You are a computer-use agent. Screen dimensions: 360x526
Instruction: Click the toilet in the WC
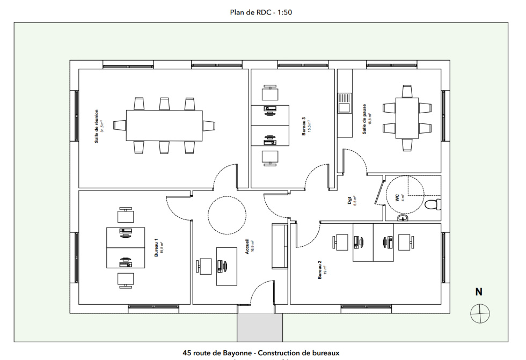pyautogui.click(x=433, y=204)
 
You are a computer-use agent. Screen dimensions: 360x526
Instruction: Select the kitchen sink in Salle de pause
pyautogui.click(x=343, y=102)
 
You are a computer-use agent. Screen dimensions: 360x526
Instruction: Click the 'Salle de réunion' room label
pyautogui.click(x=97, y=126)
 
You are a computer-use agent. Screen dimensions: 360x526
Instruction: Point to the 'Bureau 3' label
pyautogui.click(x=304, y=126)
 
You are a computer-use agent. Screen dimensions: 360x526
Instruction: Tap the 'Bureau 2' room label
pyautogui.click(x=320, y=270)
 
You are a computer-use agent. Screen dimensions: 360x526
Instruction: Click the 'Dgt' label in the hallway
pyautogui.click(x=349, y=200)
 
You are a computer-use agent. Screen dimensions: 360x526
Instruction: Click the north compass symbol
pyautogui.click(x=480, y=313)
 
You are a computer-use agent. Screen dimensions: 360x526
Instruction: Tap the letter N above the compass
pyautogui.click(x=479, y=292)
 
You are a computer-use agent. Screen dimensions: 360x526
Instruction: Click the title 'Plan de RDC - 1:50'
pyautogui.click(x=260, y=12)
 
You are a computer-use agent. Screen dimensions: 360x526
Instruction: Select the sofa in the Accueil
pyautogui.click(x=280, y=246)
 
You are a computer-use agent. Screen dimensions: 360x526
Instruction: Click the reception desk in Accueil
pyautogui.click(x=227, y=266)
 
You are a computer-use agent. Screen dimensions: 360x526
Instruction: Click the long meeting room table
pyautogui.click(x=164, y=126)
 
